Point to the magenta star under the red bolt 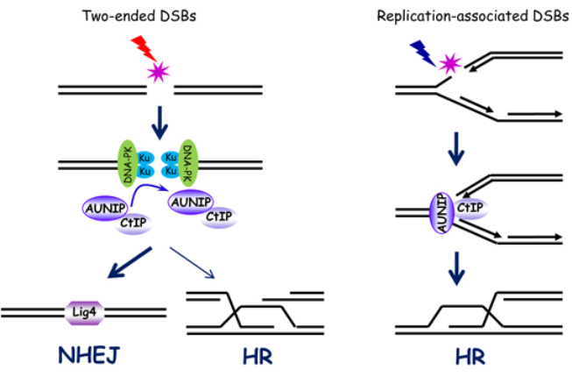(159, 70)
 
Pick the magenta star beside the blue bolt (450, 63)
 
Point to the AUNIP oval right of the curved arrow (190, 202)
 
